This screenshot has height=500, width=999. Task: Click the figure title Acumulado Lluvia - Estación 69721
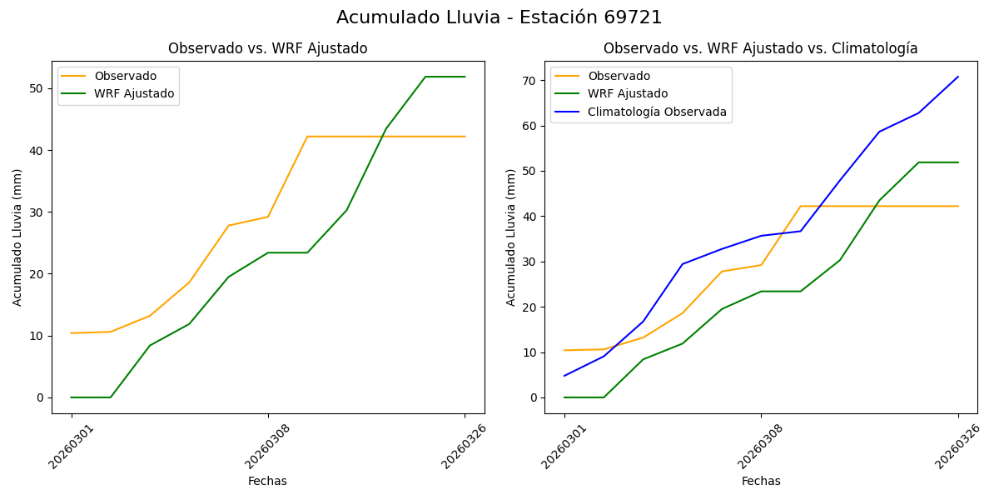click(x=499, y=17)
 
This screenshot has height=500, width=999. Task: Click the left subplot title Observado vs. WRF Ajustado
click(x=267, y=48)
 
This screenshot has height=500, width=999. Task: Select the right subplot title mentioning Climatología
click(x=760, y=48)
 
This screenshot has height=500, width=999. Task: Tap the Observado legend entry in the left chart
click(x=125, y=76)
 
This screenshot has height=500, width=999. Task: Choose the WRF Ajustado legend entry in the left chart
click(x=134, y=93)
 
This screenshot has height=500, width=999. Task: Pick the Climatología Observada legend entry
click(x=657, y=112)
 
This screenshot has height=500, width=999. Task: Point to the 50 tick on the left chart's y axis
click(x=37, y=88)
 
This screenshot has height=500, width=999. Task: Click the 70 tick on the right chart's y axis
click(x=529, y=81)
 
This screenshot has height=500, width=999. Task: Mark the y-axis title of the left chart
click(x=17, y=237)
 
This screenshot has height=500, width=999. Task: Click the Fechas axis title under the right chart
click(x=761, y=481)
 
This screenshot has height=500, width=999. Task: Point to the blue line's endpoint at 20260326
click(x=958, y=77)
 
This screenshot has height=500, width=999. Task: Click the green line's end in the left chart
click(x=465, y=77)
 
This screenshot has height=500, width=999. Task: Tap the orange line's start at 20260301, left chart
click(x=72, y=333)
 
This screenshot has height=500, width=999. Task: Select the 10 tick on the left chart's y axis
click(x=37, y=336)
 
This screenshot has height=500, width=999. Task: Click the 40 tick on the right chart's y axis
click(x=529, y=217)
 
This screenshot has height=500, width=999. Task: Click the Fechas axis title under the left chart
click(x=267, y=481)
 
